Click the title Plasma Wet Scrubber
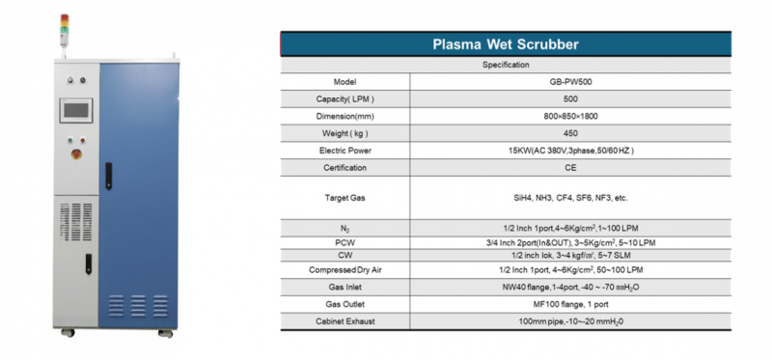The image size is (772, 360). (x=505, y=44)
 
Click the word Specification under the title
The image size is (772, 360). (x=505, y=65)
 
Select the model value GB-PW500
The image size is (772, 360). (x=571, y=82)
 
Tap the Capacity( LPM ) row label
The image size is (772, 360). (x=345, y=99)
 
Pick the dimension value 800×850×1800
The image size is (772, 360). (x=571, y=117)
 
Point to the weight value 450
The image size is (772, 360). (x=571, y=134)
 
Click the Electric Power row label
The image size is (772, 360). (x=345, y=152)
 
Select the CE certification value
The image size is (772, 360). (x=571, y=168)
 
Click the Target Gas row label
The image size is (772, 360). (x=345, y=198)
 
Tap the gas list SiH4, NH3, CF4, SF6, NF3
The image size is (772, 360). (x=571, y=198)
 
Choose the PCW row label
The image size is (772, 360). (x=345, y=242)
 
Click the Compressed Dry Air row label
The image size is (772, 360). (x=345, y=271)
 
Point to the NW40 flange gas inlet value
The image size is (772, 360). (x=571, y=288)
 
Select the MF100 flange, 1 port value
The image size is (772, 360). (x=571, y=304)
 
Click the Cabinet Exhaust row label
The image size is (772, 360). (x=345, y=320)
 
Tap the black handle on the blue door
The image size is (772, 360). (x=108, y=174)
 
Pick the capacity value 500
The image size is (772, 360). (x=571, y=99)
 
